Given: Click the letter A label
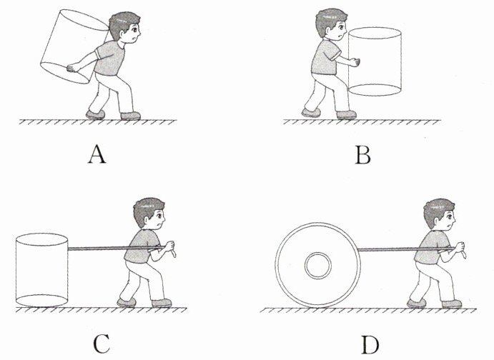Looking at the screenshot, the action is [x=97, y=155].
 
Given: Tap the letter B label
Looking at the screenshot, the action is [x=363, y=155].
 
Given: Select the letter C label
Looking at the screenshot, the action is [x=102, y=344].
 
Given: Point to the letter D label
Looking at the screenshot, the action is [x=370, y=345].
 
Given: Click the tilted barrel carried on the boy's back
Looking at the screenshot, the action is [x=74, y=46].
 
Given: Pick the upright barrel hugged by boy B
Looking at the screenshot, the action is [x=375, y=61].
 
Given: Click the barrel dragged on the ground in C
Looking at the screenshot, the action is [x=41, y=270].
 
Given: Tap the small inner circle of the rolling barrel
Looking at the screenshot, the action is [x=318, y=265].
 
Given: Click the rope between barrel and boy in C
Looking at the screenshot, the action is [x=117, y=249].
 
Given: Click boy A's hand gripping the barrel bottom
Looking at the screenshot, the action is [x=74, y=68].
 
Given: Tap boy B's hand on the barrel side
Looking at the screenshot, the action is [x=355, y=62].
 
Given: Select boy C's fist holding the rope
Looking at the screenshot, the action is [x=170, y=246].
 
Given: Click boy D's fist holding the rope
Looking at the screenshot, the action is [x=460, y=247].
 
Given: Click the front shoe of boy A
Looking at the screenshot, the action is [x=130, y=116].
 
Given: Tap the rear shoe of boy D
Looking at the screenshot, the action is [x=417, y=304].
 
